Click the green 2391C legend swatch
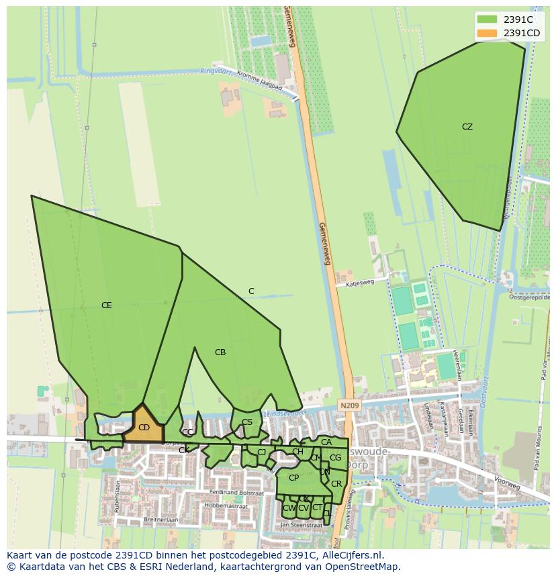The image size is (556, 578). (x=487, y=19)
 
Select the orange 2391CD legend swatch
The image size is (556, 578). (x=487, y=33)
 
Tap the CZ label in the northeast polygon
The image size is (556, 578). (x=467, y=127)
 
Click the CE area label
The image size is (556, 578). (x=106, y=305)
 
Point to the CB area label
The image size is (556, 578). (x=220, y=352)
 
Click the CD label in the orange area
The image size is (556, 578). (x=144, y=428)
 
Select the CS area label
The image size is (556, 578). (x=247, y=422)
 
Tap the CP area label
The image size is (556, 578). (x=293, y=478)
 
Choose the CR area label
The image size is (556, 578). (x=336, y=484)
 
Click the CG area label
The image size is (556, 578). (x=335, y=458)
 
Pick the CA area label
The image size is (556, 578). (x=326, y=442)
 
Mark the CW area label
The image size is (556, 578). (x=289, y=508)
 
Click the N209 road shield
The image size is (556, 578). (x=349, y=405)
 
